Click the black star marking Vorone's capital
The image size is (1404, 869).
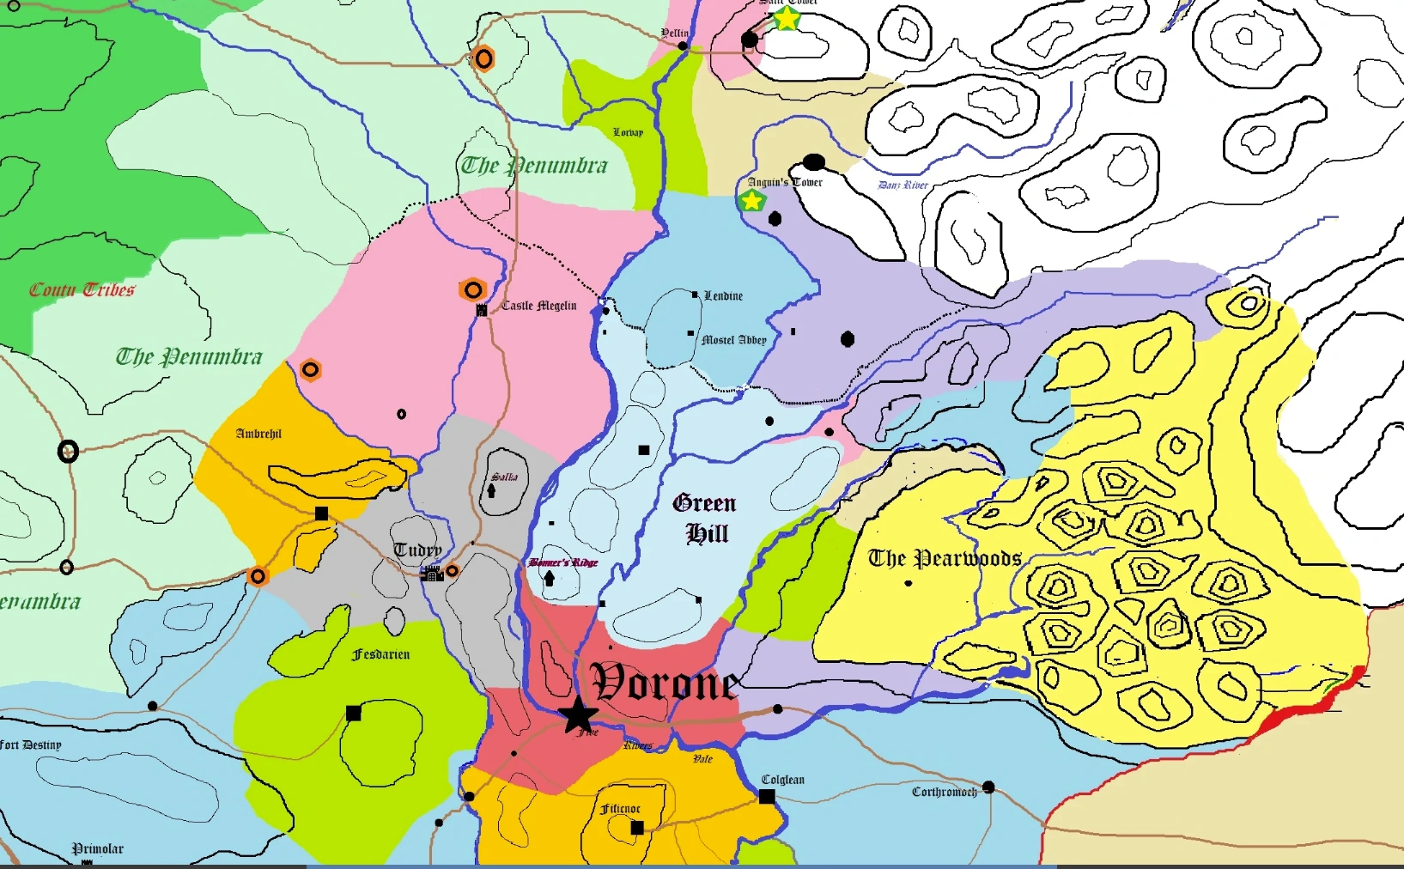click(x=578, y=714)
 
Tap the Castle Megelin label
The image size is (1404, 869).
click(x=538, y=306)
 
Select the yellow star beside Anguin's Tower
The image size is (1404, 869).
click(x=751, y=201)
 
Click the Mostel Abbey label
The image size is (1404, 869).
click(x=734, y=340)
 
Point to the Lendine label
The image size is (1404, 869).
click(x=723, y=296)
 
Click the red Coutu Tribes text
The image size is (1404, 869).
click(x=82, y=290)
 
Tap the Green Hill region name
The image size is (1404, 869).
click(x=705, y=519)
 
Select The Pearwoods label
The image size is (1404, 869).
click(x=945, y=559)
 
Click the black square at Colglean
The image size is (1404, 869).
click(x=767, y=797)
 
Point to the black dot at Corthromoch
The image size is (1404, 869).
click(x=988, y=787)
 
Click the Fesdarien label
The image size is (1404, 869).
click(x=381, y=654)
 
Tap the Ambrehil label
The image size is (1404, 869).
click(x=258, y=434)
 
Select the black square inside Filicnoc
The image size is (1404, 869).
click(x=637, y=828)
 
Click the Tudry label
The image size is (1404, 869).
click(x=417, y=550)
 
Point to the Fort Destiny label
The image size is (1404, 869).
click(x=31, y=744)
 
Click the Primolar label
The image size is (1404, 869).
click(x=98, y=848)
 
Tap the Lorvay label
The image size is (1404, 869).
click(x=628, y=132)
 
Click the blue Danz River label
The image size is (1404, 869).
click(x=903, y=185)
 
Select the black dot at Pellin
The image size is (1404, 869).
click(x=683, y=46)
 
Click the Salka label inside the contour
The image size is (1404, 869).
click(x=505, y=477)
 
